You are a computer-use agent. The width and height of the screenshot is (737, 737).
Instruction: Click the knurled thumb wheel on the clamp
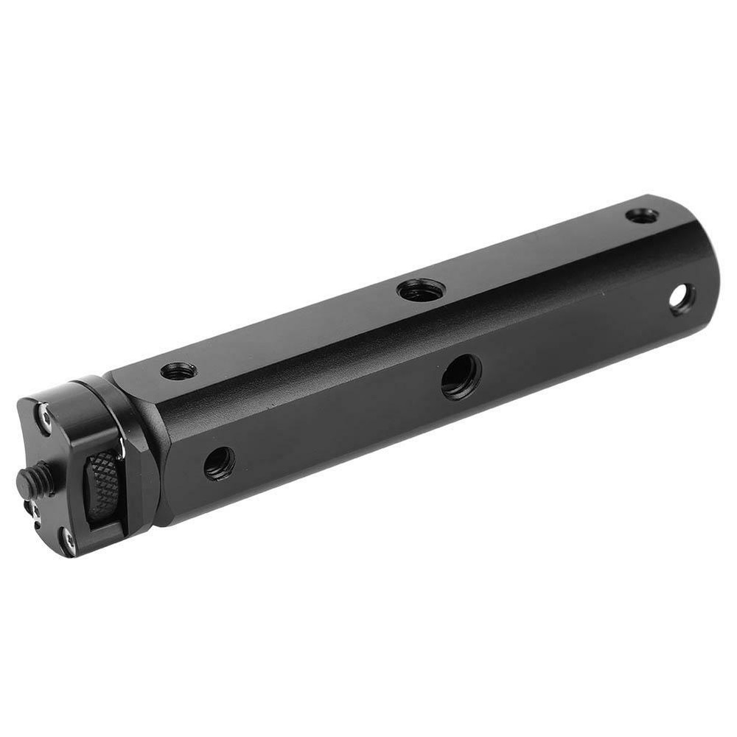pos(104,483)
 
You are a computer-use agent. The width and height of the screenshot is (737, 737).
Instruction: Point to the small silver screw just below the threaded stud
pos(33,509)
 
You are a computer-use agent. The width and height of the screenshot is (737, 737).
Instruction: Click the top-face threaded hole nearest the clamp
pos(178,371)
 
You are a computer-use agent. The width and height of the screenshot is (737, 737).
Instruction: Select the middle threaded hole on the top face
pos(421,290)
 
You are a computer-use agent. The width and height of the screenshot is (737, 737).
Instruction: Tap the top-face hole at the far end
pos(642,216)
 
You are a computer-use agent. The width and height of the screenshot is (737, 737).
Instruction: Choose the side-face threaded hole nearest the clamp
pos(219,463)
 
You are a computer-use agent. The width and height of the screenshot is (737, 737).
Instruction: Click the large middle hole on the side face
pos(461,376)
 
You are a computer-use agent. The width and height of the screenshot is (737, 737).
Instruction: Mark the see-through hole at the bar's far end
pos(681,298)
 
